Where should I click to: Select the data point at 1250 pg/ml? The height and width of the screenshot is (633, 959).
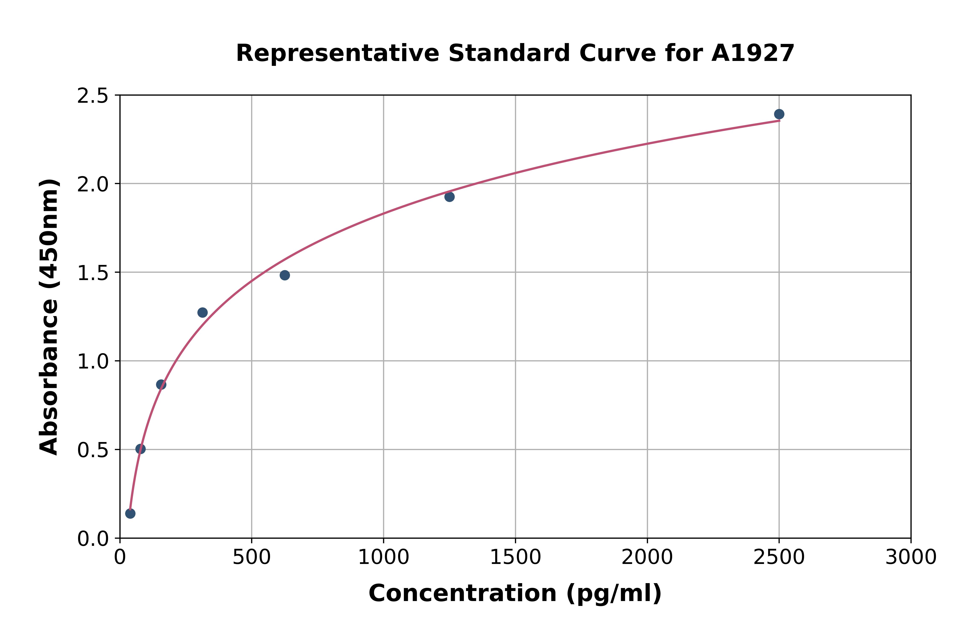pos(449,197)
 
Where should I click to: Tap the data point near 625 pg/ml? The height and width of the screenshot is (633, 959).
pos(285,275)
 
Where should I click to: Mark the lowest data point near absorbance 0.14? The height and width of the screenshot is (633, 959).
pos(130,513)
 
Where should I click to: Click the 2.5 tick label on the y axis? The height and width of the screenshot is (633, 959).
pos(93,96)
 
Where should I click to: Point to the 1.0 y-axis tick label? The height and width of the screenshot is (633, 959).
pos(93,362)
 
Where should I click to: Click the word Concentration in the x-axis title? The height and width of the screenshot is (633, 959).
pos(462,593)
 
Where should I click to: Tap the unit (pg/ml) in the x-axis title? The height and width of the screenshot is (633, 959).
pos(614,593)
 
